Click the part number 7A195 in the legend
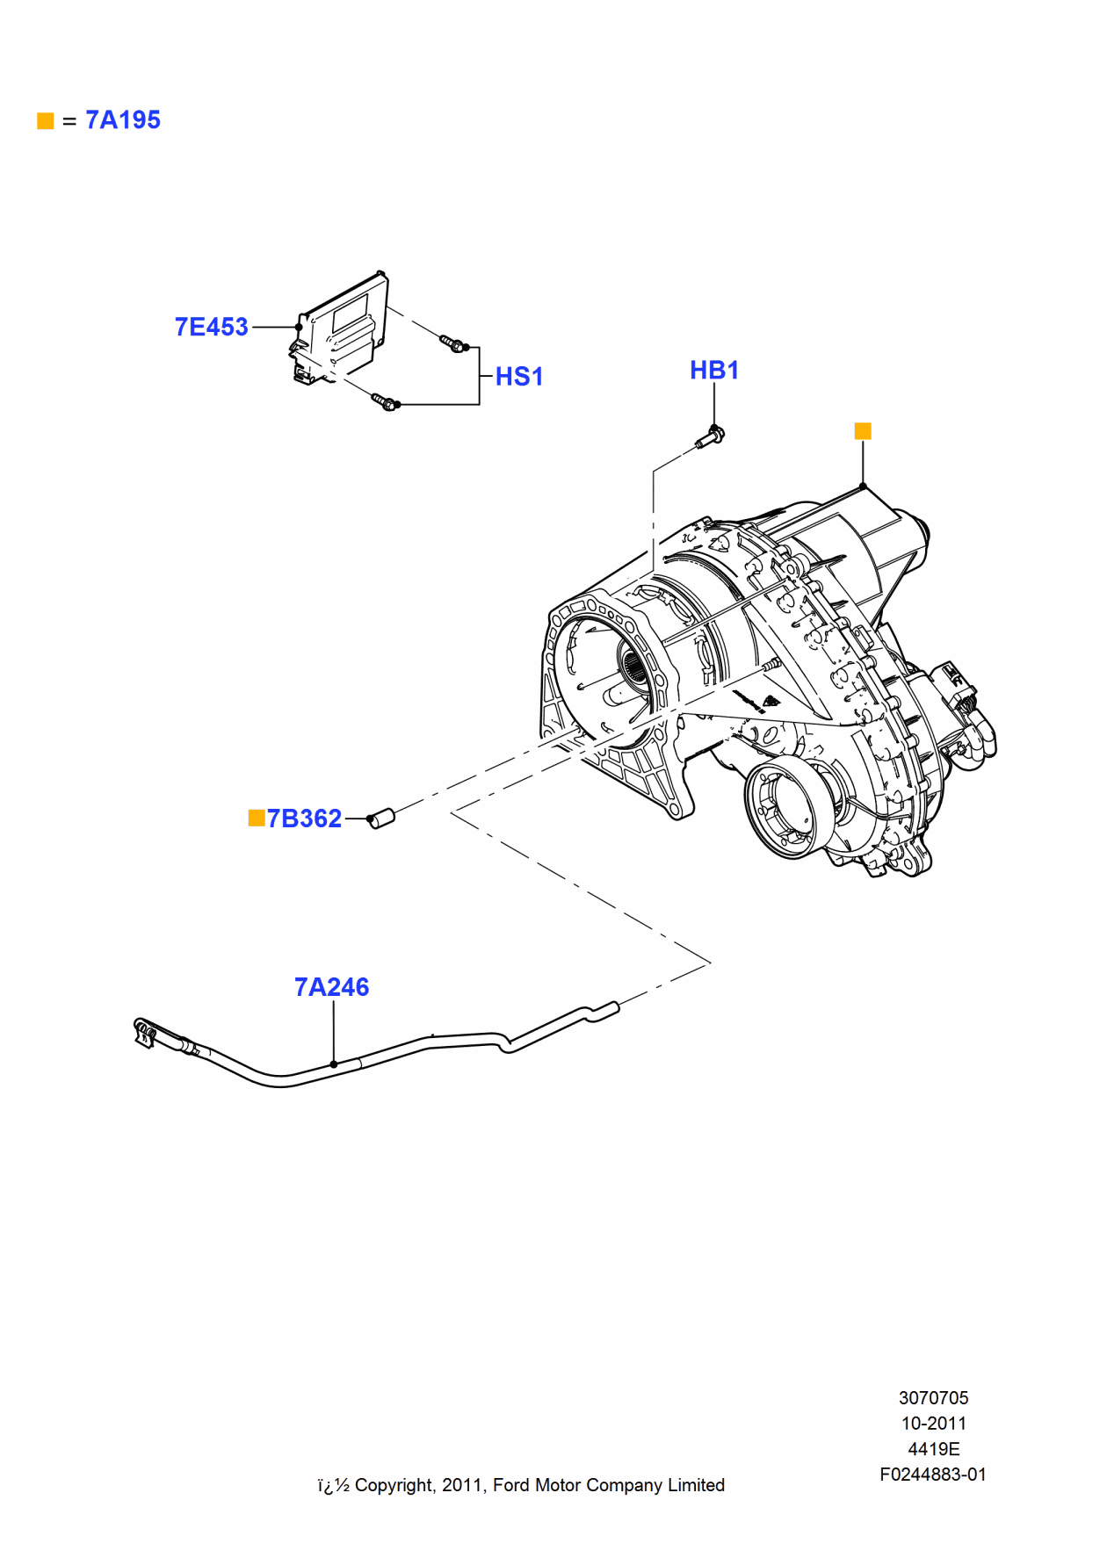coord(123,120)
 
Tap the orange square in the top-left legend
coord(46,121)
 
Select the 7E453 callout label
coord(211,327)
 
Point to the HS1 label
coord(519,377)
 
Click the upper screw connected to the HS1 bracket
coord(452,343)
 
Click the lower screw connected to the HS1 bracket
coord(385,402)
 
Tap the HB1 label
coord(713,371)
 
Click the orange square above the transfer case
coord(863,431)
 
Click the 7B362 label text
coord(304,819)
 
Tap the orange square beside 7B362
coord(257,819)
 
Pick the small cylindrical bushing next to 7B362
coord(381,819)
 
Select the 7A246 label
coord(331,987)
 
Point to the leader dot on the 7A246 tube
coord(334,1064)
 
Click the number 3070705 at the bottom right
coord(933,1398)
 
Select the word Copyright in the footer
coord(394,1485)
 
